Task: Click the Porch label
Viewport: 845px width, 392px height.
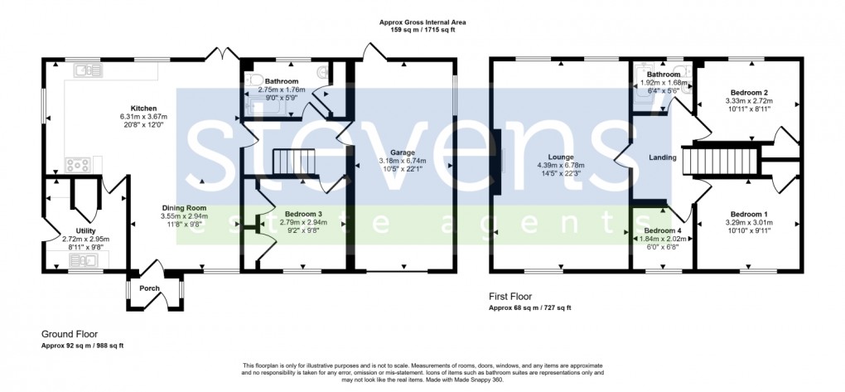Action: click(x=149, y=288)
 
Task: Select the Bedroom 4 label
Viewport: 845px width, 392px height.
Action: click(x=662, y=230)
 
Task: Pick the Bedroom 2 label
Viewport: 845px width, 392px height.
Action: click(x=749, y=93)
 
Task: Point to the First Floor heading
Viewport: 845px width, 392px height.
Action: click(x=511, y=297)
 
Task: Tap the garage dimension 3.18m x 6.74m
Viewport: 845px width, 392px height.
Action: click(x=399, y=161)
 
